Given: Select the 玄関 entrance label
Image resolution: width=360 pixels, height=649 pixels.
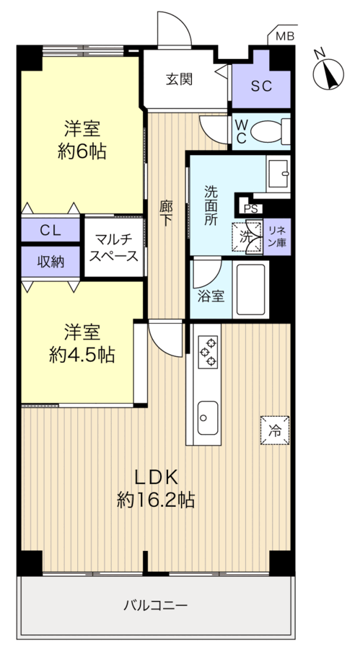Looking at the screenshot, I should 179,79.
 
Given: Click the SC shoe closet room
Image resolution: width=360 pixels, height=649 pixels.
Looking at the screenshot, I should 261,86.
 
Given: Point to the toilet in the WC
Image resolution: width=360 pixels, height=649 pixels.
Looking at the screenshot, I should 273,131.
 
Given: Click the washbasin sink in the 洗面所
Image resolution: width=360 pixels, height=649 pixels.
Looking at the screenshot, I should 278,173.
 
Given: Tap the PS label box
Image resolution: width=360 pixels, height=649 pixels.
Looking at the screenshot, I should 250,209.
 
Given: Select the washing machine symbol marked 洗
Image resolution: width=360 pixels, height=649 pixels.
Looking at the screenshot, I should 245,236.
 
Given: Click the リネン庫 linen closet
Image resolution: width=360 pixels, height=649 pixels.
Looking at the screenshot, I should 277,236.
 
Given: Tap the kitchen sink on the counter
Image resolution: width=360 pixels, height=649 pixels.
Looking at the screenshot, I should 208,416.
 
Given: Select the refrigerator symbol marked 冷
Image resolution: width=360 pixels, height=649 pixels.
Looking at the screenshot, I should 275,431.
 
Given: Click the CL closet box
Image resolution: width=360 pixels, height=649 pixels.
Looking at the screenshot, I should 50,231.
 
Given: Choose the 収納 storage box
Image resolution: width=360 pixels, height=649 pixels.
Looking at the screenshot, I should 50,262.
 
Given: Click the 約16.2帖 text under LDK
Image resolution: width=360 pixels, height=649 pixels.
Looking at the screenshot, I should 157,499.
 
